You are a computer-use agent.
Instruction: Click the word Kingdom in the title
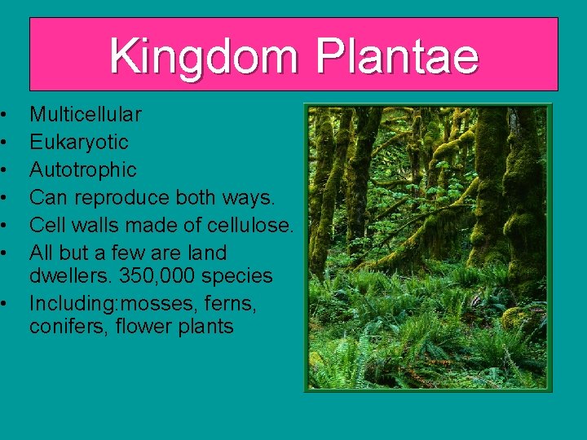[205, 57]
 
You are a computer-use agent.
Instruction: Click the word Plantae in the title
[396, 57]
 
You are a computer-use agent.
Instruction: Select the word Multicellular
[86, 114]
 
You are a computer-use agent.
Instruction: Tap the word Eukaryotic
[79, 142]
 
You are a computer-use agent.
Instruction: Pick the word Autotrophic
[83, 169]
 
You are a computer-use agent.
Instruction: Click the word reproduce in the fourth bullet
[115, 197]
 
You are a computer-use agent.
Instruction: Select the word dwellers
[67, 275]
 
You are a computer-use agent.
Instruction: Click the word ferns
[230, 303]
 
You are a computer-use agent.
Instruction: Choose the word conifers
[62, 328]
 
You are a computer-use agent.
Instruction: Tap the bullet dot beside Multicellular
[5, 114]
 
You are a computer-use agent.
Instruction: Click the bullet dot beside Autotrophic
[5, 169]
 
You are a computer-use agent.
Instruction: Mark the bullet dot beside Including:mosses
[5, 303]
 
